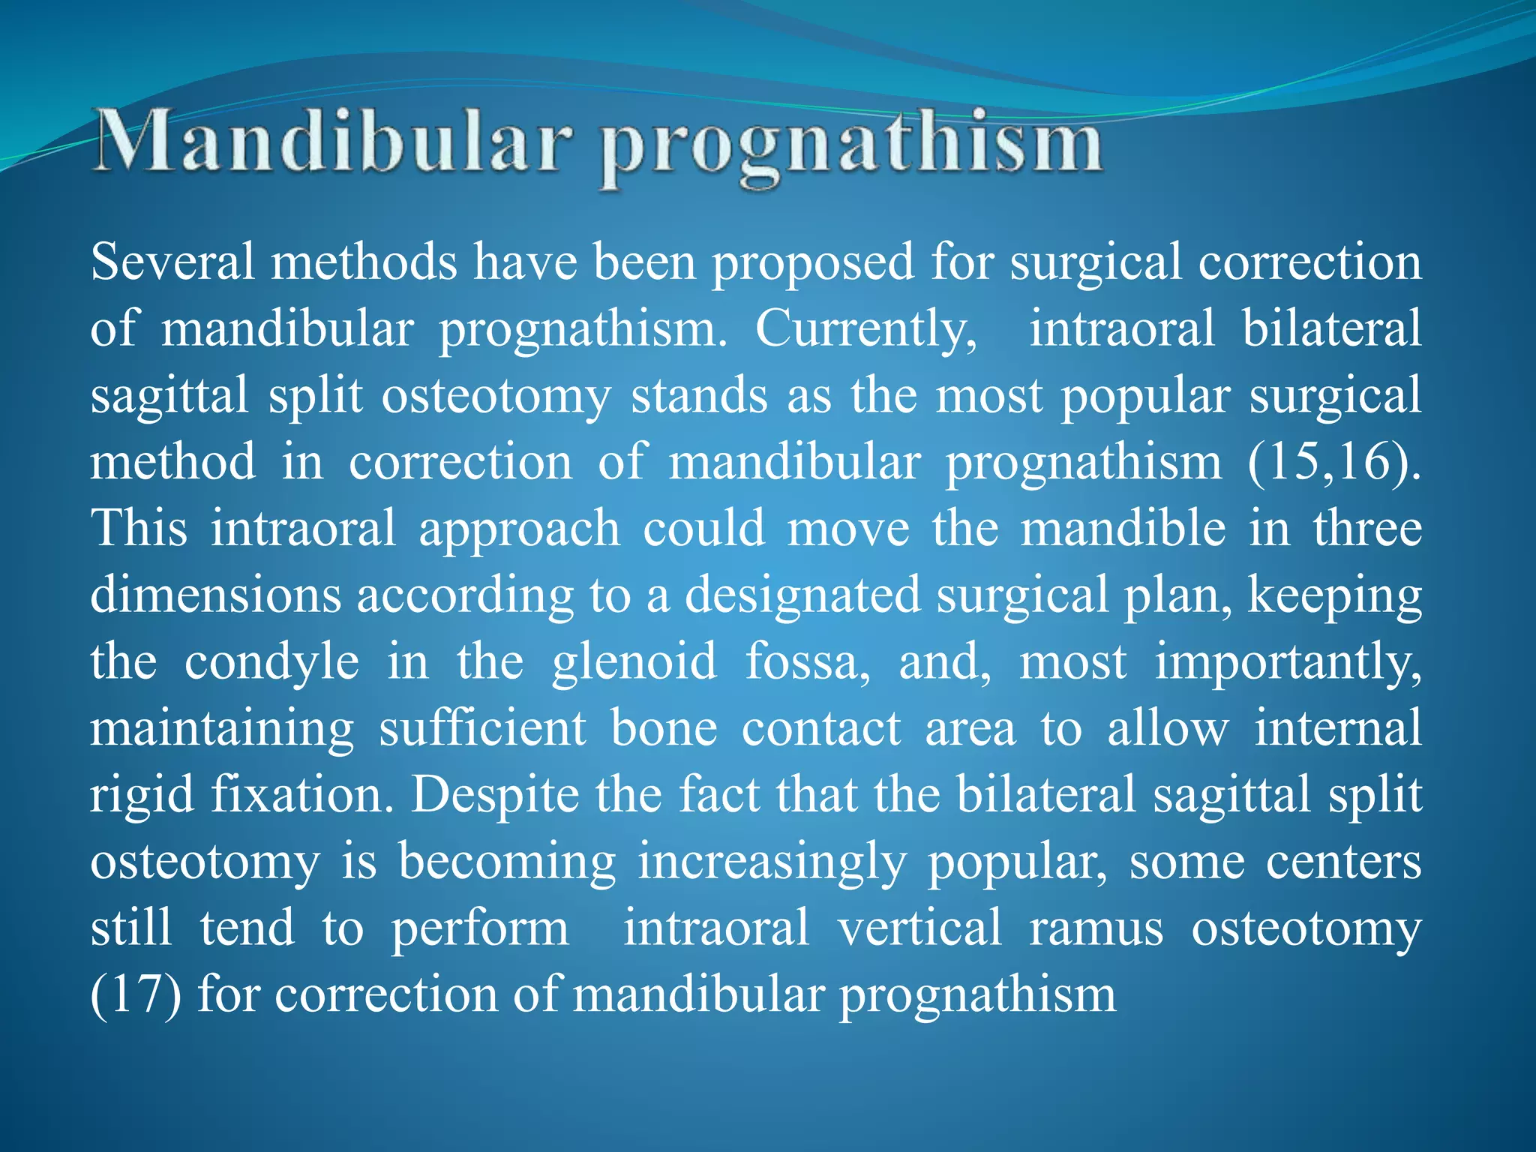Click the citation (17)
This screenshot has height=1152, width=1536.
point(135,995)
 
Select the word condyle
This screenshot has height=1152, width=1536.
point(271,663)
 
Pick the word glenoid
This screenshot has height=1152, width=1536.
point(634,663)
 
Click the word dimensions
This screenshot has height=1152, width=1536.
point(216,595)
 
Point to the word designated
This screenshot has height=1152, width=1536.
point(802,597)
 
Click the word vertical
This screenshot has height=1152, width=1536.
point(919,928)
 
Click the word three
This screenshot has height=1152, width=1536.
point(1366,529)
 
